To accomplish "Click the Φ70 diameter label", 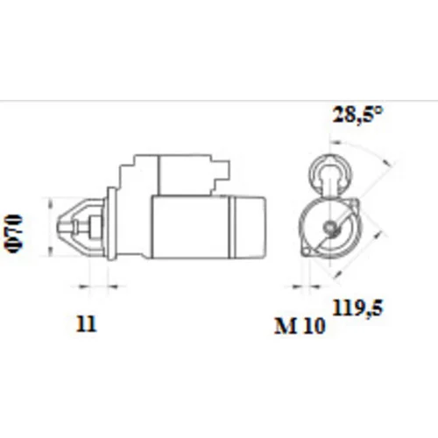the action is point(14,234).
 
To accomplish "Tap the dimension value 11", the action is point(86,323).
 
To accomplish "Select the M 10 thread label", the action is point(300,325).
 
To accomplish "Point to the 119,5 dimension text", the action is point(357,307).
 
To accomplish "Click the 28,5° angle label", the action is point(357,114).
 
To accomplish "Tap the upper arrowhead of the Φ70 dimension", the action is point(51,202).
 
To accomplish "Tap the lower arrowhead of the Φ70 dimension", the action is point(51,251).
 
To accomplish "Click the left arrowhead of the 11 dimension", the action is point(83,286).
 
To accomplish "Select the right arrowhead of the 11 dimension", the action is point(112,286).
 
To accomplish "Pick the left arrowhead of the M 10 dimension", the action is point(297,286).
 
